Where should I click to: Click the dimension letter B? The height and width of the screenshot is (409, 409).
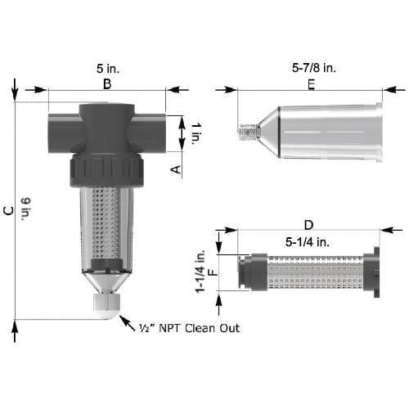pyautogui.click(x=107, y=83)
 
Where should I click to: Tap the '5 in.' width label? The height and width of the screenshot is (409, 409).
pyautogui.click(x=107, y=69)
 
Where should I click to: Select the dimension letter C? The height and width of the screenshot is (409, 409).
pyautogui.click(x=8, y=210)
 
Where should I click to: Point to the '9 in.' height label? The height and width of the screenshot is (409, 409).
pyautogui.click(x=25, y=210)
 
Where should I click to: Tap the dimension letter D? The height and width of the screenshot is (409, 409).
pyautogui.click(x=308, y=224)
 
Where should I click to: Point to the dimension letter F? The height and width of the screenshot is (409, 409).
pyautogui.click(x=216, y=272)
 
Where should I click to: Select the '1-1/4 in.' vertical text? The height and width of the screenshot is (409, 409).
pyautogui.click(x=201, y=272)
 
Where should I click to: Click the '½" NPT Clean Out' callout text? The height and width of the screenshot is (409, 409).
pyautogui.click(x=187, y=328)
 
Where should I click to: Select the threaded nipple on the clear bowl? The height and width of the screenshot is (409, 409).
pyautogui.click(x=247, y=129)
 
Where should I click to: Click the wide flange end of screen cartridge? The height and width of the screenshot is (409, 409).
pyautogui.click(x=375, y=272)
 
